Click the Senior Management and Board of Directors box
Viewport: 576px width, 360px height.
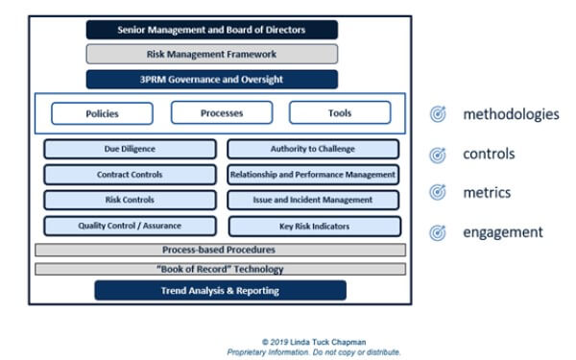[x=211, y=30]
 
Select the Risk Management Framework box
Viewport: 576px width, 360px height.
[x=211, y=55]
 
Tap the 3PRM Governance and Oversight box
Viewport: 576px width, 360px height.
[x=211, y=80]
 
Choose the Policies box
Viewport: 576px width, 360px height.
[x=102, y=113]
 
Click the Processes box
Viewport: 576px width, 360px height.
[x=222, y=113]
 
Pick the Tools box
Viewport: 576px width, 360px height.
[x=340, y=113]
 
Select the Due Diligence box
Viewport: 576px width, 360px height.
[x=130, y=150]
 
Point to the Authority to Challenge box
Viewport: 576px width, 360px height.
[x=313, y=150]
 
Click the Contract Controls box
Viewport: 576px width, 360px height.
[x=130, y=175]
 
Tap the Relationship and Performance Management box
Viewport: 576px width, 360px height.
[x=313, y=175]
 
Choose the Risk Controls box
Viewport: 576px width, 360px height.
[x=130, y=200]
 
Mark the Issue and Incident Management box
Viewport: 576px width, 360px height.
[x=313, y=200]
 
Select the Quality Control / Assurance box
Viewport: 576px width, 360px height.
[x=130, y=226]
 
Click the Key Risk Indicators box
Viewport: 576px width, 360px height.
[x=313, y=226]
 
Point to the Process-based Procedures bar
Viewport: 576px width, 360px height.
[x=220, y=250]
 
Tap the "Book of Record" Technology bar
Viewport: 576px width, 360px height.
[x=220, y=269]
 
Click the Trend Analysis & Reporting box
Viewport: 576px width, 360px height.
[x=220, y=290]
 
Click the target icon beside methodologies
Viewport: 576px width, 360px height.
[x=438, y=115]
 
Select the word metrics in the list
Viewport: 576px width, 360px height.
[x=487, y=193]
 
